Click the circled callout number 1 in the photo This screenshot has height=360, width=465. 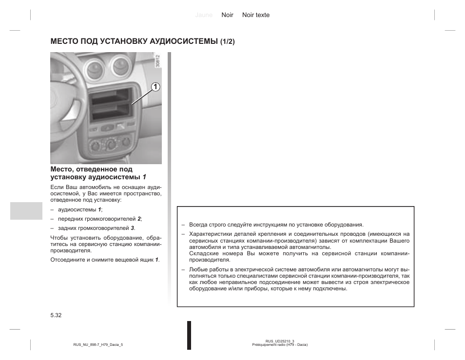(x=155, y=87)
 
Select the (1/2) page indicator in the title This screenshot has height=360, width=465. (x=227, y=42)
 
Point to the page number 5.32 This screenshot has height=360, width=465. (x=56, y=316)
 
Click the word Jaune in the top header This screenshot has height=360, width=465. (x=204, y=15)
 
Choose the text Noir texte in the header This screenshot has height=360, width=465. (x=256, y=15)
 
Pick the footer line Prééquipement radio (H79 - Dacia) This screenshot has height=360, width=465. (x=280, y=345)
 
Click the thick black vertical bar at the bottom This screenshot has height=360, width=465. (x=189, y=335)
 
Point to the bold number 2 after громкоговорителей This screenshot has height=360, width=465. (x=139, y=219)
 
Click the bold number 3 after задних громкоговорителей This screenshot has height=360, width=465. (x=132, y=228)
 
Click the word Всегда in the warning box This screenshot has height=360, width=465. (x=198, y=225)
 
